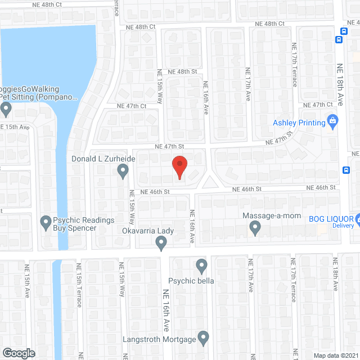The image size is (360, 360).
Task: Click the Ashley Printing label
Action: (x=299, y=123)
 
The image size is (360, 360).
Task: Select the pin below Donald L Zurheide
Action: (x=124, y=173)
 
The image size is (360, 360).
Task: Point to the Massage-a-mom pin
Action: (x=255, y=228)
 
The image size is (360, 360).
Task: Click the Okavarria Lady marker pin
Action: (x=161, y=243)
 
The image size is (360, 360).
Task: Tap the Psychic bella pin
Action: (x=202, y=265)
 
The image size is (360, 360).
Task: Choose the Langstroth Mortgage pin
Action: (x=203, y=338)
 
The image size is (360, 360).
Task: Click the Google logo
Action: (x=18, y=353)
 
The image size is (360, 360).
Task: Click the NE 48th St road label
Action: (x=179, y=71)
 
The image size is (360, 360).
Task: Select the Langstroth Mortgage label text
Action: (x=159, y=339)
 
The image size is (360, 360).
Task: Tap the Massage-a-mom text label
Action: (x=272, y=216)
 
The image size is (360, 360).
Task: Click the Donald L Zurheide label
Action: (x=103, y=159)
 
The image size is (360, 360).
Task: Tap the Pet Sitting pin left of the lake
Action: (x=6, y=109)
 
